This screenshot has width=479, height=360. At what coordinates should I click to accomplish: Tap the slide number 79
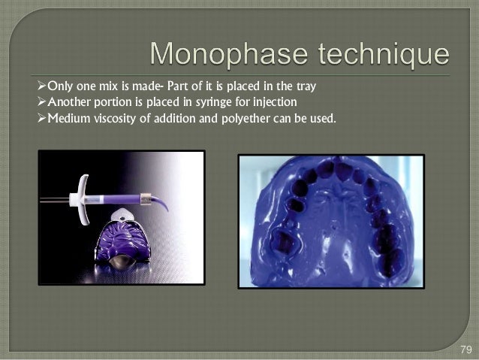coord(465,350)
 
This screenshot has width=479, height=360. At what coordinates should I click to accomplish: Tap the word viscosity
coord(113,117)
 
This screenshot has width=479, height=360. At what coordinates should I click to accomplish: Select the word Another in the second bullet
coord(70,101)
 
